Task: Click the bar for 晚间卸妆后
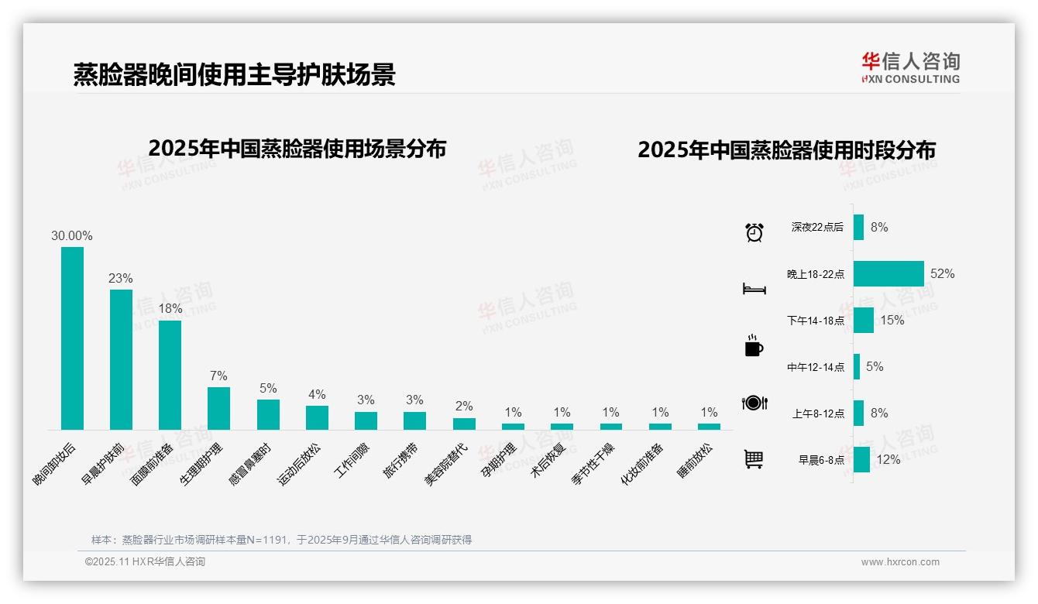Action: (72, 338)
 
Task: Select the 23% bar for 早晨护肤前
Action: (121, 359)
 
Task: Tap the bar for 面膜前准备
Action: (170, 375)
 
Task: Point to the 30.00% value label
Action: (72, 235)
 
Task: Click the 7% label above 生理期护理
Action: (218, 376)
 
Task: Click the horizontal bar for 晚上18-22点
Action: (888, 273)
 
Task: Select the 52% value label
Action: (943, 273)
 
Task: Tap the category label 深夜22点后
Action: (816, 228)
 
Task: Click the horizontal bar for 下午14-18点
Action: (863, 320)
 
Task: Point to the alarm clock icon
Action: (754, 232)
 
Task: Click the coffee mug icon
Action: (754, 346)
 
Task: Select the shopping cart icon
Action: (754, 459)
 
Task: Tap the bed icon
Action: (754, 289)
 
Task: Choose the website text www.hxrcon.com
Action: (900, 562)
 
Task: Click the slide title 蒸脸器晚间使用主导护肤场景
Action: (235, 74)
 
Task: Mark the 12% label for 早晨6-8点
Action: (888, 459)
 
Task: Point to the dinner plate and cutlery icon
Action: (754, 403)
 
